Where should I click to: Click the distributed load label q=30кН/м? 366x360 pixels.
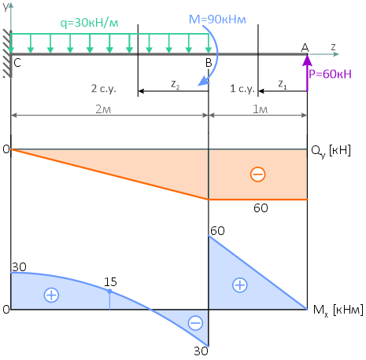pyautogui.click(x=89, y=23)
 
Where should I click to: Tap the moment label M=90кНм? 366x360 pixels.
pyautogui.click(x=217, y=20)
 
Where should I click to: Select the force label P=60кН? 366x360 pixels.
pyautogui.click(x=330, y=74)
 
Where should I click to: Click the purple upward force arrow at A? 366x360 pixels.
pyautogui.click(x=307, y=73)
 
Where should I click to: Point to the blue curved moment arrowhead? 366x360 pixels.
pyautogui.click(x=204, y=81)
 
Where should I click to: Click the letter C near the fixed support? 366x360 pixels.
pyautogui.click(x=17, y=63)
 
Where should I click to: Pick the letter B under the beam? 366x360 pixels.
pyautogui.click(x=209, y=63)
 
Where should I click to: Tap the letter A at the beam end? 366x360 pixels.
pyautogui.click(x=305, y=48)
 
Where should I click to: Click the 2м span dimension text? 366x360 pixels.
pyautogui.click(x=103, y=109)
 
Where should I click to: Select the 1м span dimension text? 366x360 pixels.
pyautogui.click(x=260, y=109)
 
